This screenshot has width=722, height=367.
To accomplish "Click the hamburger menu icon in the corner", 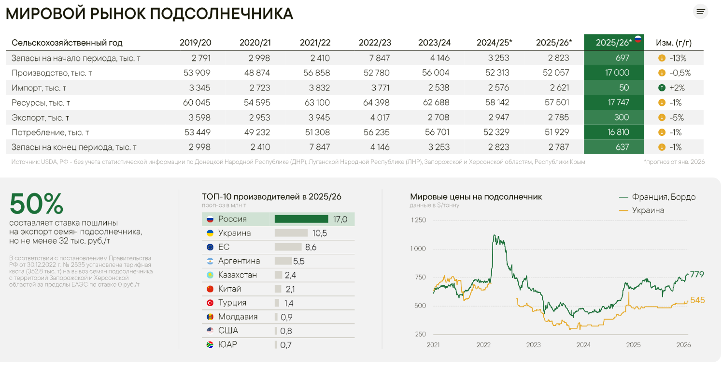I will [x=700, y=12].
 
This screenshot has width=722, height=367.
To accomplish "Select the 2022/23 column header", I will [x=375, y=43].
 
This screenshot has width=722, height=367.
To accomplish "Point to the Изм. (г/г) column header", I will [x=673, y=43].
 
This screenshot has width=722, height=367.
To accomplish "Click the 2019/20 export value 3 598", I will [x=197, y=117].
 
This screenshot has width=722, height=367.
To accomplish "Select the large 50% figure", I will [x=37, y=204].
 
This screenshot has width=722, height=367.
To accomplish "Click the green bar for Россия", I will [x=301, y=219].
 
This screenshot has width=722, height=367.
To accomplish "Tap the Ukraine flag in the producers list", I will [x=210, y=233].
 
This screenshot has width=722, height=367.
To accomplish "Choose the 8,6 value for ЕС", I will [x=311, y=247].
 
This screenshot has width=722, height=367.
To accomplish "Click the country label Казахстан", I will [x=237, y=275].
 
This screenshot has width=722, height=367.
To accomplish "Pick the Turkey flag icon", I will [x=210, y=303].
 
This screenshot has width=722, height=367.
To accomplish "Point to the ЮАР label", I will [x=227, y=344].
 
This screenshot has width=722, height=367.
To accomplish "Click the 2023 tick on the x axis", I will [x=533, y=345].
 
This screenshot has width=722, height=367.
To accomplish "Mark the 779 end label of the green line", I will [x=697, y=275].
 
